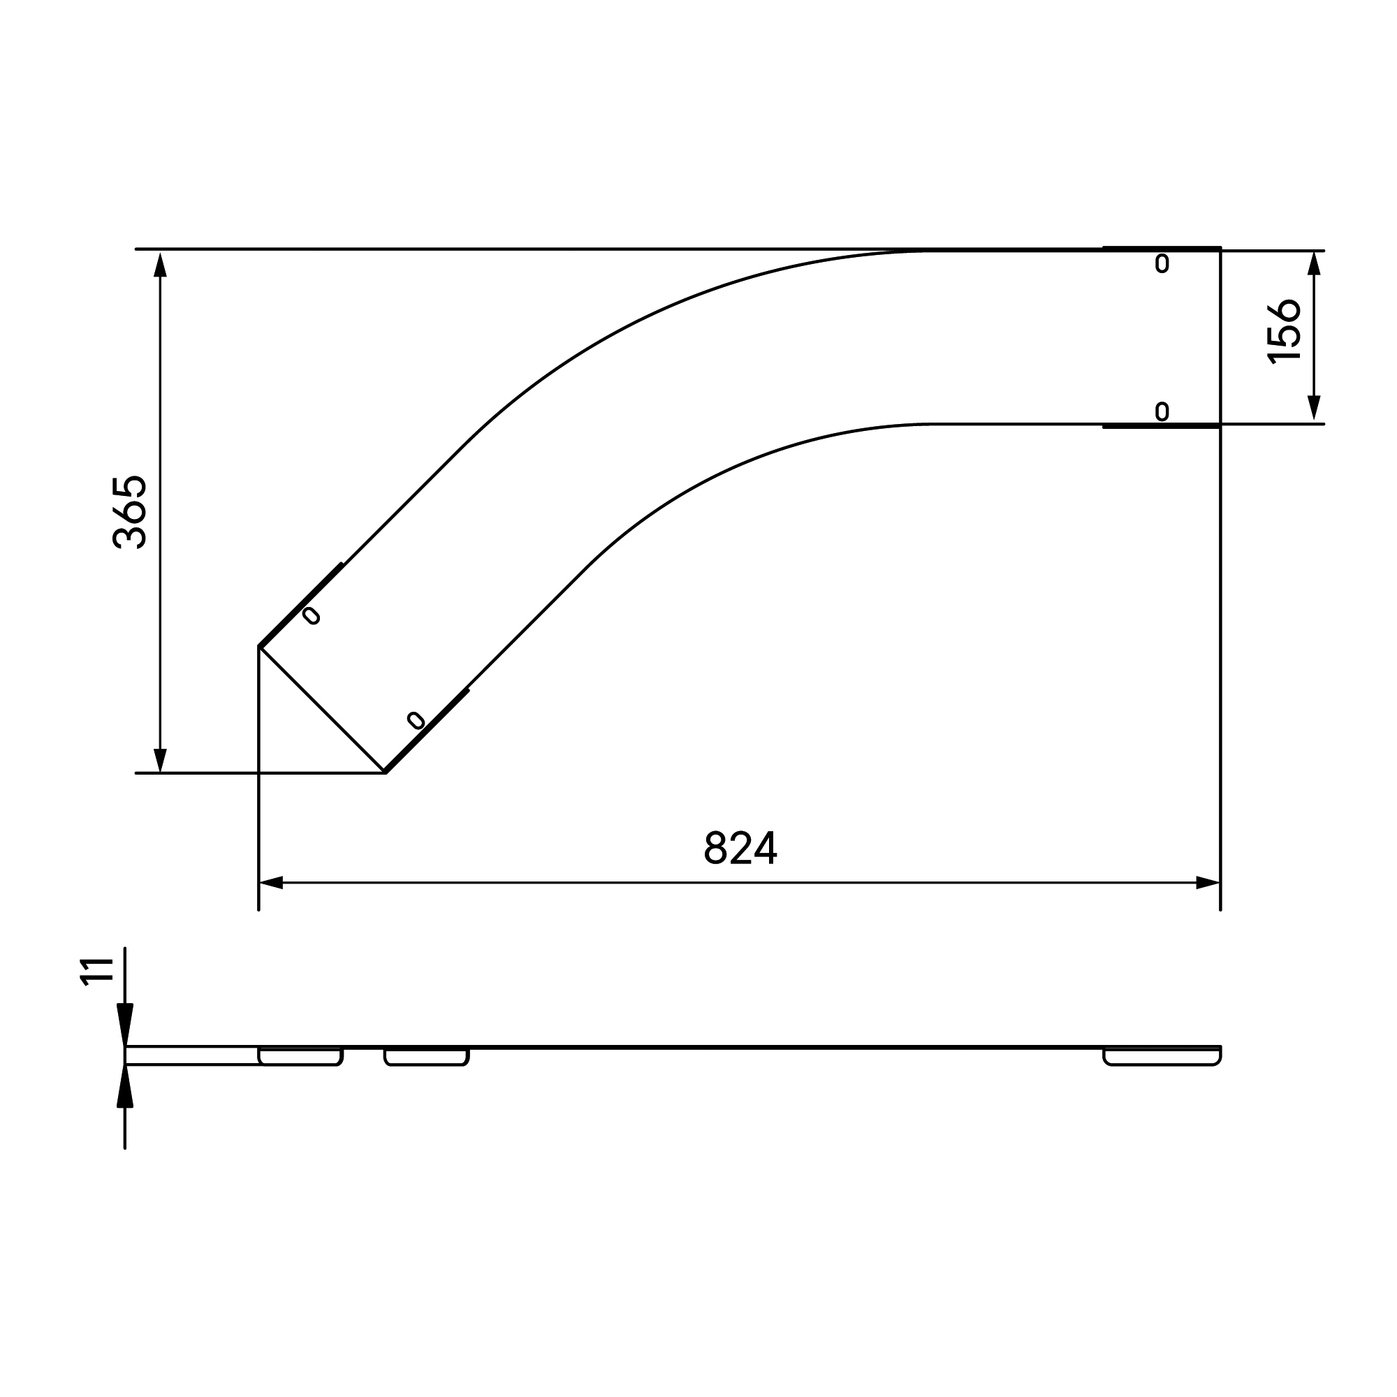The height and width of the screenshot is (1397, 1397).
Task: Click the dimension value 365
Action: click(131, 512)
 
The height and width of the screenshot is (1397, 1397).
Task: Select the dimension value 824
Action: click(740, 848)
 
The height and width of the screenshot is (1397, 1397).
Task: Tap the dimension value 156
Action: click(1285, 332)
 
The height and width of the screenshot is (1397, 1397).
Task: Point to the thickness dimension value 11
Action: click(97, 971)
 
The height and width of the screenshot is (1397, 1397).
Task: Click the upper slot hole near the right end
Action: click(1162, 264)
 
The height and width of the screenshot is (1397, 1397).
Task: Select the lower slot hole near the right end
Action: click(1162, 411)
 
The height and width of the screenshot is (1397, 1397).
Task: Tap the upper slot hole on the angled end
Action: click(311, 615)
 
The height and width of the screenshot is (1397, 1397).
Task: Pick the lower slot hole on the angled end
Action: click(416, 719)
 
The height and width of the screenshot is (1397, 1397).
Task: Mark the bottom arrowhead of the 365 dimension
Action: click(161, 759)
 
